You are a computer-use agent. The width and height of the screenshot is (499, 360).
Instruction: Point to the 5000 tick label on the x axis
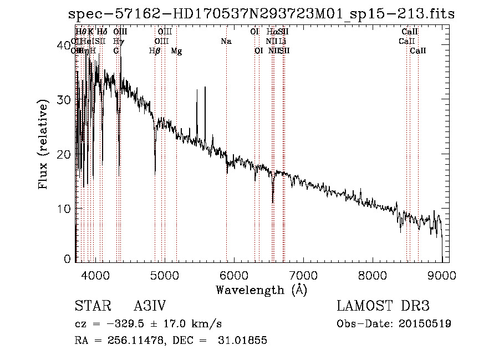pos(165,275)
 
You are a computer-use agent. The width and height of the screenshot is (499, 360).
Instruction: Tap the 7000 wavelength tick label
pos(303,275)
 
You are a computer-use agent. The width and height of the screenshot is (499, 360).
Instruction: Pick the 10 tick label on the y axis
pos(65,209)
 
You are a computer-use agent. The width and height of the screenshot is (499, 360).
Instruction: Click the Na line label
pos(226,42)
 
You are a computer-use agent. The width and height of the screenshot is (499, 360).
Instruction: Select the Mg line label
pos(176,51)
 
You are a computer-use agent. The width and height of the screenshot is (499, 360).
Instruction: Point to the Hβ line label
pos(155,51)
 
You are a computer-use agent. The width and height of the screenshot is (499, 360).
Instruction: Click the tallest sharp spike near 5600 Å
pos(205,88)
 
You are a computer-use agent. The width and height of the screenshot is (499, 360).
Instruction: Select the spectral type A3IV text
pos(150,306)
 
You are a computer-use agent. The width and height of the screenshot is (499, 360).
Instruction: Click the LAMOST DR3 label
pos(383,306)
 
